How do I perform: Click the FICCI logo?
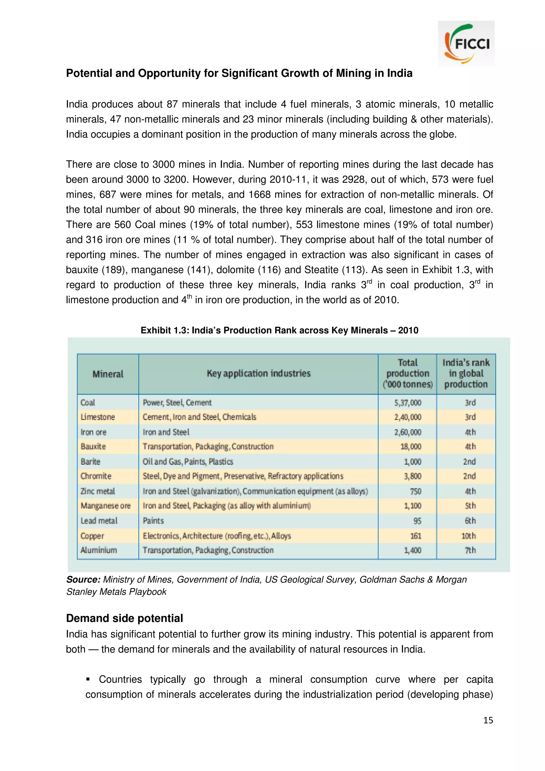coord(466,44)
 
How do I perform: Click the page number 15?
coord(488,720)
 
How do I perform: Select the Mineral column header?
coord(108,374)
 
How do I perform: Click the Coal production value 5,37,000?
coord(407,402)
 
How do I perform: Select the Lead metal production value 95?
coord(417,521)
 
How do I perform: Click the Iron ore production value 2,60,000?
coord(407,432)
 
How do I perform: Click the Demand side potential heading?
coord(124,618)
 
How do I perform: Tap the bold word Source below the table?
coord(83,580)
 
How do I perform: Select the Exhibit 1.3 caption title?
coord(279,330)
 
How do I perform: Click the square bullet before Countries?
coord(88,679)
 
